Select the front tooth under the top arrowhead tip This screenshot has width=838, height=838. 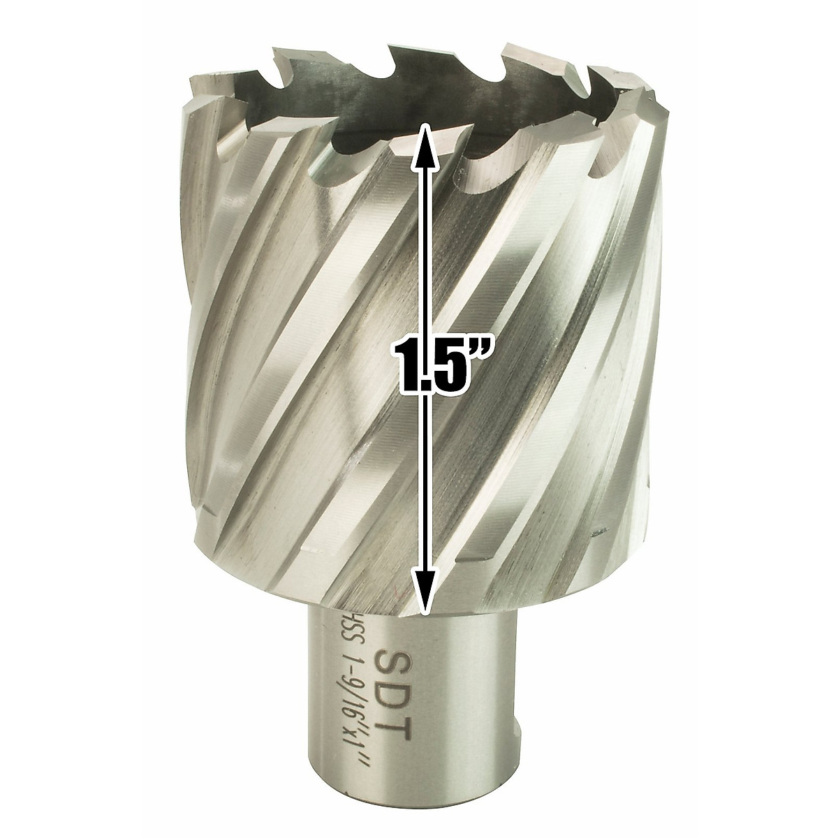pyautogui.click(x=412, y=140)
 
